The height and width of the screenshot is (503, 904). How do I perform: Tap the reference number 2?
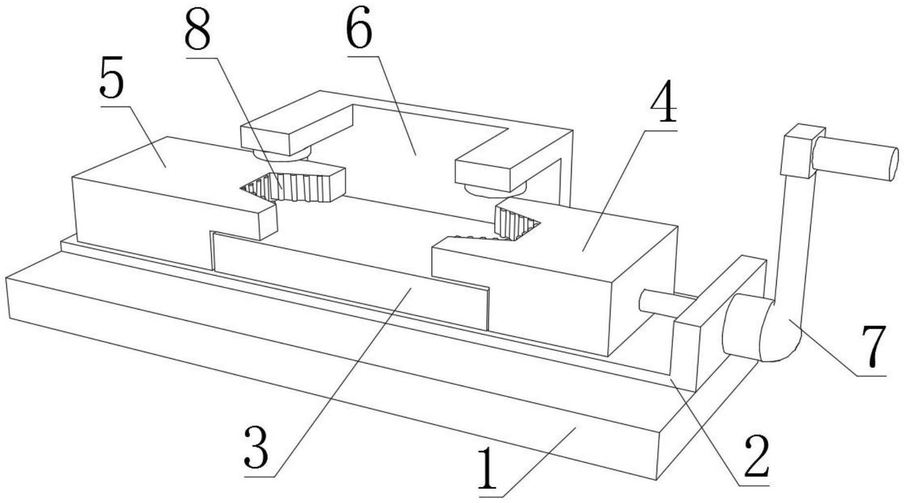point(757,457)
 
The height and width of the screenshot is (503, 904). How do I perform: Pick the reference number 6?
point(359,28)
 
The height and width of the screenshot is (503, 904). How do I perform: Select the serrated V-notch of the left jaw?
point(290,188)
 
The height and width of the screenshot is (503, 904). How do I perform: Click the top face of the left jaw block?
point(162,172)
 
